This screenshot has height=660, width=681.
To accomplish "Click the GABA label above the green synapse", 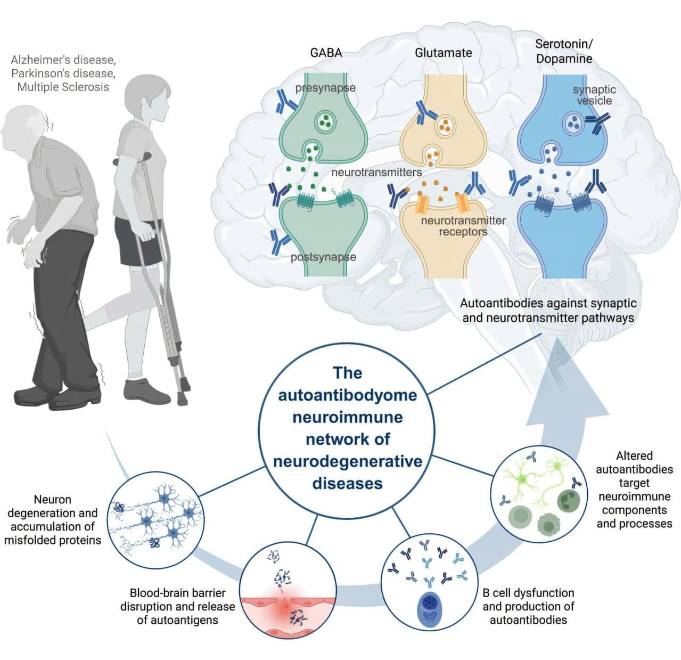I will click(x=326, y=53).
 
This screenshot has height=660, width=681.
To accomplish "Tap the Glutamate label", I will click(x=443, y=53).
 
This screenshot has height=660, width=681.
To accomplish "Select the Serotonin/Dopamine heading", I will click(x=563, y=51).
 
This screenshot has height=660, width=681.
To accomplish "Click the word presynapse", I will click(x=325, y=88).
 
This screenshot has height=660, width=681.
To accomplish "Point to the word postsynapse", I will click(x=323, y=257).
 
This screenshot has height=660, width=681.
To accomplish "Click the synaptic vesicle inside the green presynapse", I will click(x=324, y=121).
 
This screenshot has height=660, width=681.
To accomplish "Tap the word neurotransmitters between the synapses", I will click(x=376, y=173).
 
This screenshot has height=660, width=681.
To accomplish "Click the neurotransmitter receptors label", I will click(x=463, y=226).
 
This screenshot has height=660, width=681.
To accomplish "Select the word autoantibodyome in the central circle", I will click(x=347, y=395).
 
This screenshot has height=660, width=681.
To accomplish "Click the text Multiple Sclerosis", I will click(x=63, y=87).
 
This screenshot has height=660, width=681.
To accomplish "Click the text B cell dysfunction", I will click(x=528, y=593).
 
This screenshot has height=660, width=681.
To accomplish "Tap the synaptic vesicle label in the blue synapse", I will click(x=594, y=95).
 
